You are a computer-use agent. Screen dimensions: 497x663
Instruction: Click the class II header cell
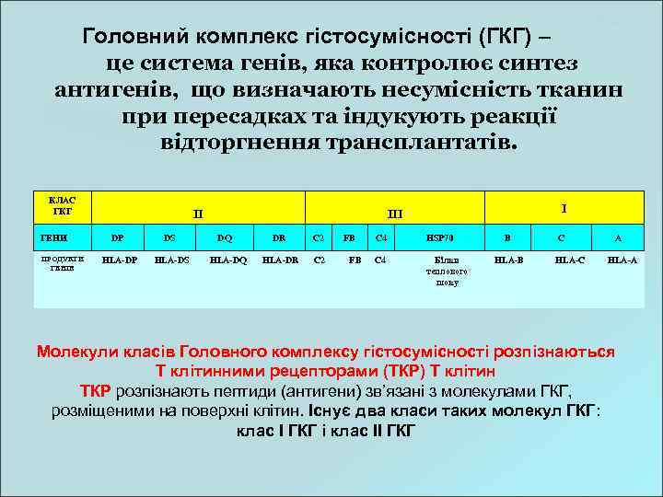(198, 214)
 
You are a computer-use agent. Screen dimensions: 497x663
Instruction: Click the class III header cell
(395, 214)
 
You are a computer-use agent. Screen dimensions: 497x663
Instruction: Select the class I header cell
(564, 208)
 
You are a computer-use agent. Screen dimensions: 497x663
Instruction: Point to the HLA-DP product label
(120, 260)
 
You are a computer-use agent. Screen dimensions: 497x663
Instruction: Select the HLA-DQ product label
(228, 260)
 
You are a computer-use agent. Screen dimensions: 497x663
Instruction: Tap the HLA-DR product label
(280, 260)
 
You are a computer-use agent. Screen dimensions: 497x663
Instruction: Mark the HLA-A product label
(622, 260)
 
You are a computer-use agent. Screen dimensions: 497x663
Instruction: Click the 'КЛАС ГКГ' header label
(63, 206)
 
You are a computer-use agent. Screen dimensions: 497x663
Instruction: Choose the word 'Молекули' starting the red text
(77, 352)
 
